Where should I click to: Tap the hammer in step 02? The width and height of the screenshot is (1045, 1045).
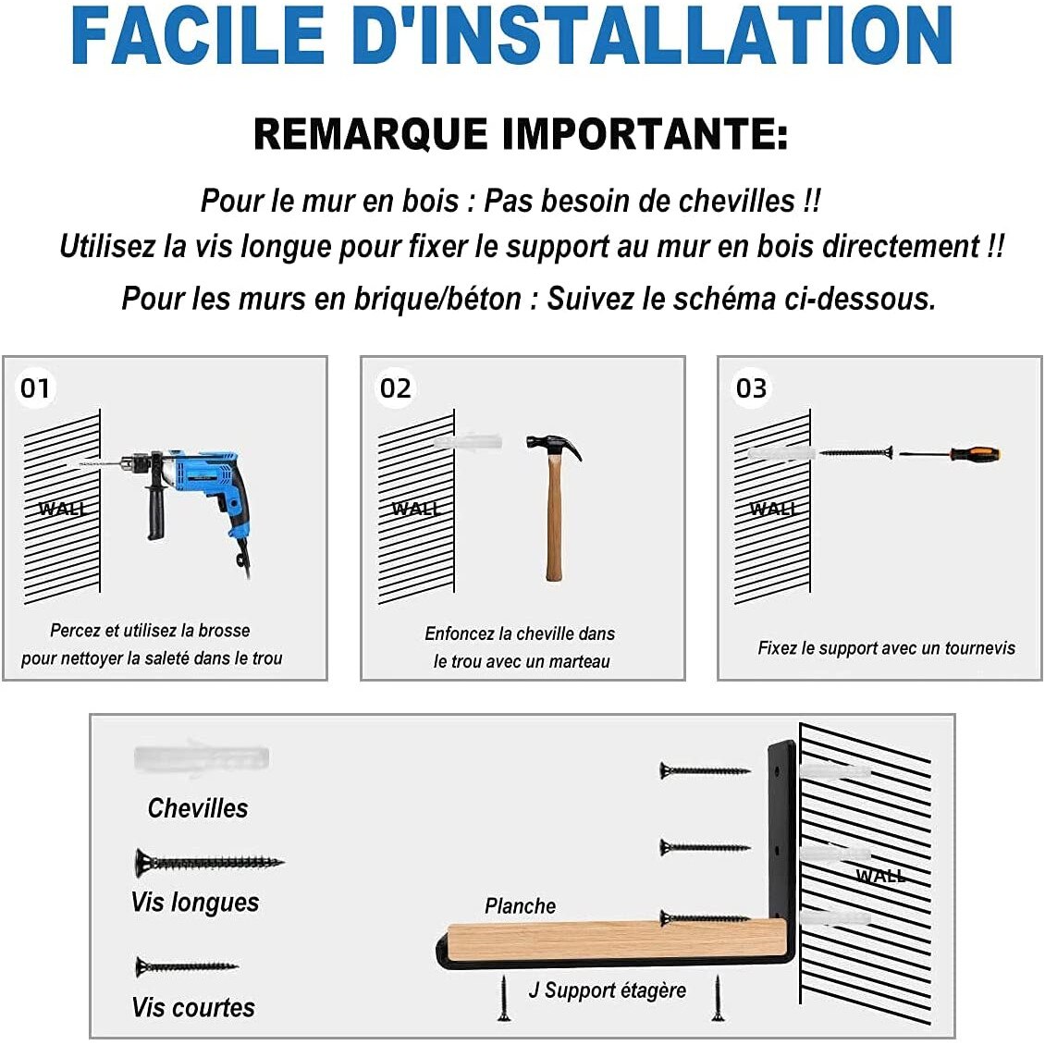(x=554, y=507)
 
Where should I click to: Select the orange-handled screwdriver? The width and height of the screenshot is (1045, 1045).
(x=950, y=454)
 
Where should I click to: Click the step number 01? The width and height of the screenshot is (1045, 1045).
(x=34, y=387)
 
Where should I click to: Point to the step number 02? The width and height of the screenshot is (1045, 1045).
(x=395, y=387)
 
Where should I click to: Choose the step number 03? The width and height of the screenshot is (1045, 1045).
(x=751, y=387)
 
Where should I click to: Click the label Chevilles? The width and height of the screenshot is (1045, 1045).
(x=198, y=807)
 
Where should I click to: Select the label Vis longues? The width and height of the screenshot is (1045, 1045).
(x=194, y=902)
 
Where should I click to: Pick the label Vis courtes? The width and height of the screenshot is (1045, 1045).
(x=193, y=1007)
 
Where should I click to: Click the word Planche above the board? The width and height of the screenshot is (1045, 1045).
(x=520, y=905)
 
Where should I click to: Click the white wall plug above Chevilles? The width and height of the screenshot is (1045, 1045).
(x=202, y=757)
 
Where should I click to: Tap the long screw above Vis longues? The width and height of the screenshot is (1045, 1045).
(x=209, y=863)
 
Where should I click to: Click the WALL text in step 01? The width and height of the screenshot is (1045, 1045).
(x=62, y=510)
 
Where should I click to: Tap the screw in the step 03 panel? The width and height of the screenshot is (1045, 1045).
(x=856, y=453)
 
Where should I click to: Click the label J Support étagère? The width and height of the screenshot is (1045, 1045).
(x=608, y=990)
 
